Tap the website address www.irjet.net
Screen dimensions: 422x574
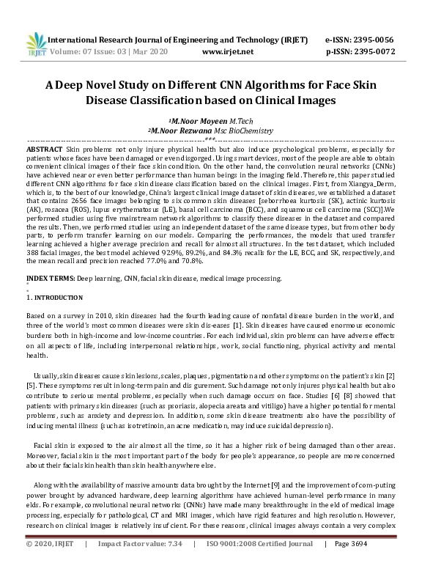227,51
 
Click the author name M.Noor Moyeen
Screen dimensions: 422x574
194,120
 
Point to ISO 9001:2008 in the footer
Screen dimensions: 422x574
232,566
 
